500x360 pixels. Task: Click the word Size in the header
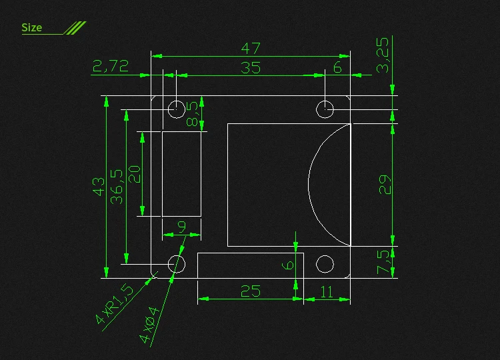click(x=31, y=27)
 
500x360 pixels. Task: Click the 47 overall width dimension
click(x=251, y=49)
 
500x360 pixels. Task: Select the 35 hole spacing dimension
click(x=251, y=67)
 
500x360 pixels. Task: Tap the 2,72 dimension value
click(x=111, y=65)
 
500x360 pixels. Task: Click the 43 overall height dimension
click(x=99, y=186)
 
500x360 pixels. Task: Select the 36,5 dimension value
click(x=117, y=186)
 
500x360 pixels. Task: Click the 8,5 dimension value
click(x=193, y=113)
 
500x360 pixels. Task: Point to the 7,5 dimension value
click(x=383, y=262)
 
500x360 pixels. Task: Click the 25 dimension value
click(x=250, y=291)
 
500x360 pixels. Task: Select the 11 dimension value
click(x=327, y=291)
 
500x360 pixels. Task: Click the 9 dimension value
click(x=182, y=227)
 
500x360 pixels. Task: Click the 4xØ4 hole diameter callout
click(x=150, y=324)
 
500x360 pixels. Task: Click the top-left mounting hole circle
click(x=176, y=109)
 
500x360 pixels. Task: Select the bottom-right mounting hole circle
click(x=325, y=264)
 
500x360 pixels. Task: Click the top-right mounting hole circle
click(x=325, y=109)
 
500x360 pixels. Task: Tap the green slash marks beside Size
click(x=75, y=27)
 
